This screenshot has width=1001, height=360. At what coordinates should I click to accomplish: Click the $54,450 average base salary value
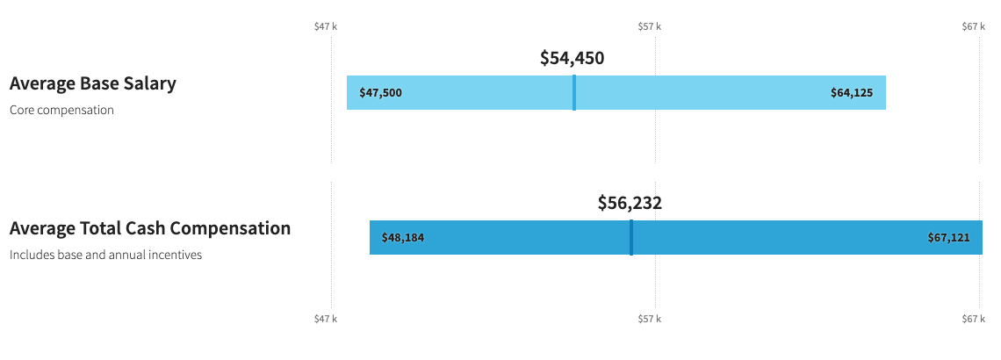click(x=572, y=59)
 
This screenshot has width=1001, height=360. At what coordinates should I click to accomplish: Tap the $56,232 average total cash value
click(x=630, y=204)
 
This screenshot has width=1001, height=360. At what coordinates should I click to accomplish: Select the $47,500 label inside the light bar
click(x=380, y=93)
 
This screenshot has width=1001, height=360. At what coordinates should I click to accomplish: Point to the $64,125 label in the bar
click(x=852, y=93)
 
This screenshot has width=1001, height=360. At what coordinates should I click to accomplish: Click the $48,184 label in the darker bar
click(x=403, y=238)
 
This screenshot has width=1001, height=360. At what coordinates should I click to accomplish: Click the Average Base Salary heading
click(x=92, y=84)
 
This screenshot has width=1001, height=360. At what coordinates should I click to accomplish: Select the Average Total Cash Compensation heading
click(x=149, y=229)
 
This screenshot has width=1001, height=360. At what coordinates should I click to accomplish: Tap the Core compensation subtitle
click(x=61, y=111)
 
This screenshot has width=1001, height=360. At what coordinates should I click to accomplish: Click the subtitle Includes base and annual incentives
click(x=105, y=256)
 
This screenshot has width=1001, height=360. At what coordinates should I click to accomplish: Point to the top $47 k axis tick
click(x=326, y=27)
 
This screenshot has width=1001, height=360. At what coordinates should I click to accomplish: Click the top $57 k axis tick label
click(x=650, y=27)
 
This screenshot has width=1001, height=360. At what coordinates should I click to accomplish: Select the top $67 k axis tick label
click(x=974, y=27)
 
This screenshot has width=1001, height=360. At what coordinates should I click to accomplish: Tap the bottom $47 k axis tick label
click(x=326, y=319)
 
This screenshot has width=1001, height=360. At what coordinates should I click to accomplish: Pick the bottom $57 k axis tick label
click(x=650, y=319)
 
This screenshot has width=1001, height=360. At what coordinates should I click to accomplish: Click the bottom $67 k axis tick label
click(x=974, y=319)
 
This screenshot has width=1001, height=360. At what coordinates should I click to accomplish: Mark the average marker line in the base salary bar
click(x=574, y=93)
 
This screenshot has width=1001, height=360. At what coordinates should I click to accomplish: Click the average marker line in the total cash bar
click(x=631, y=238)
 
